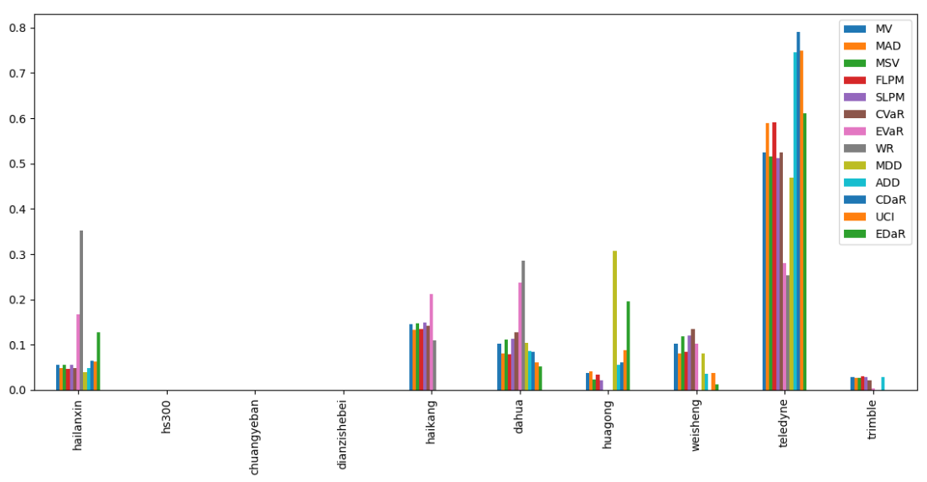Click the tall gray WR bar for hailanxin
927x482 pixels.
point(81,310)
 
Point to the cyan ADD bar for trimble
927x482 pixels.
point(883,384)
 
